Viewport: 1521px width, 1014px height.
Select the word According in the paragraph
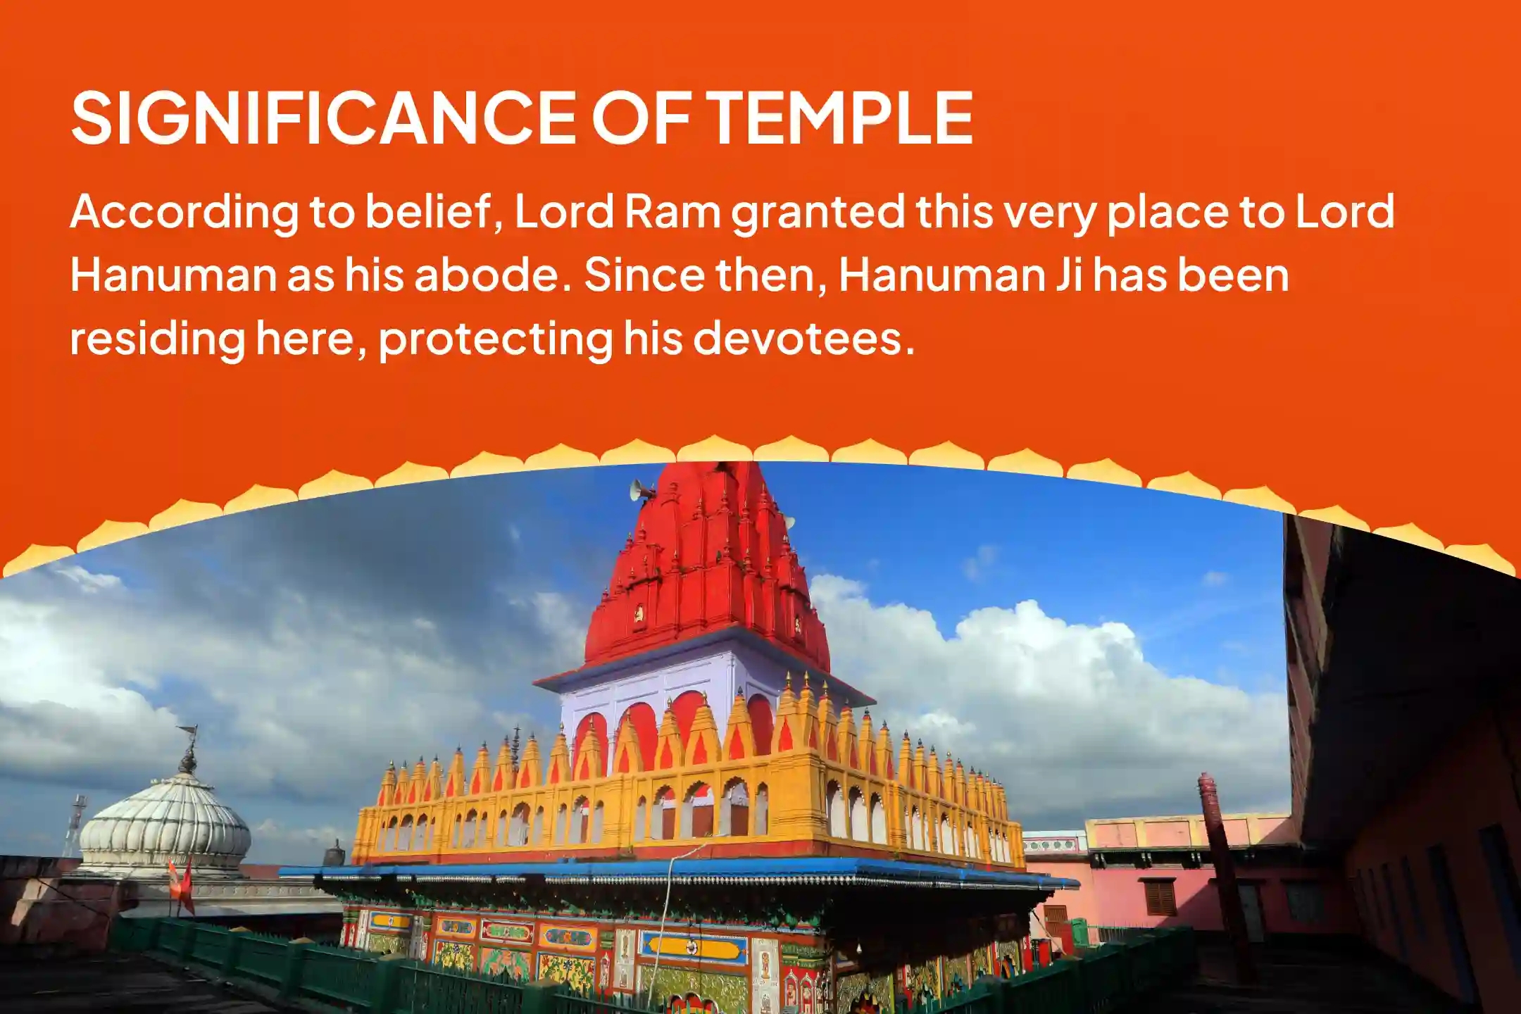tap(184, 213)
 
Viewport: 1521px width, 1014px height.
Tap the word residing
tap(156, 339)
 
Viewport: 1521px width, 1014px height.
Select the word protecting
tap(495, 339)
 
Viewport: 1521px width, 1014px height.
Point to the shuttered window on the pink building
tap(1158, 898)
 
